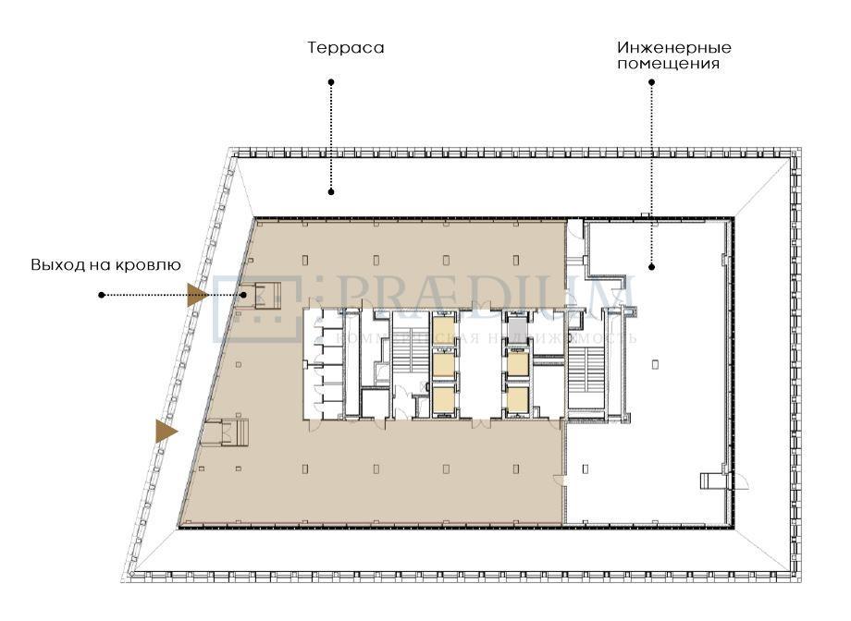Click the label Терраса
pyautogui.click(x=346, y=47)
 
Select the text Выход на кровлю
pyautogui.click(x=105, y=265)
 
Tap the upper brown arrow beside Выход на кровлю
pyautogui.click(x=197, y=296)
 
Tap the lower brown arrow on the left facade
pyautogui.click(x=166, y=431)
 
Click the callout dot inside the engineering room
pyautogui.click(x=651, y=268)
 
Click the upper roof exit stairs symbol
pyautogui.click(x=267, y=296)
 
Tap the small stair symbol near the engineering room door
pyautogui.click(x=713, y=481)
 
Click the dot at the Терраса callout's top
pyautogui.click(x=331, y=82)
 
